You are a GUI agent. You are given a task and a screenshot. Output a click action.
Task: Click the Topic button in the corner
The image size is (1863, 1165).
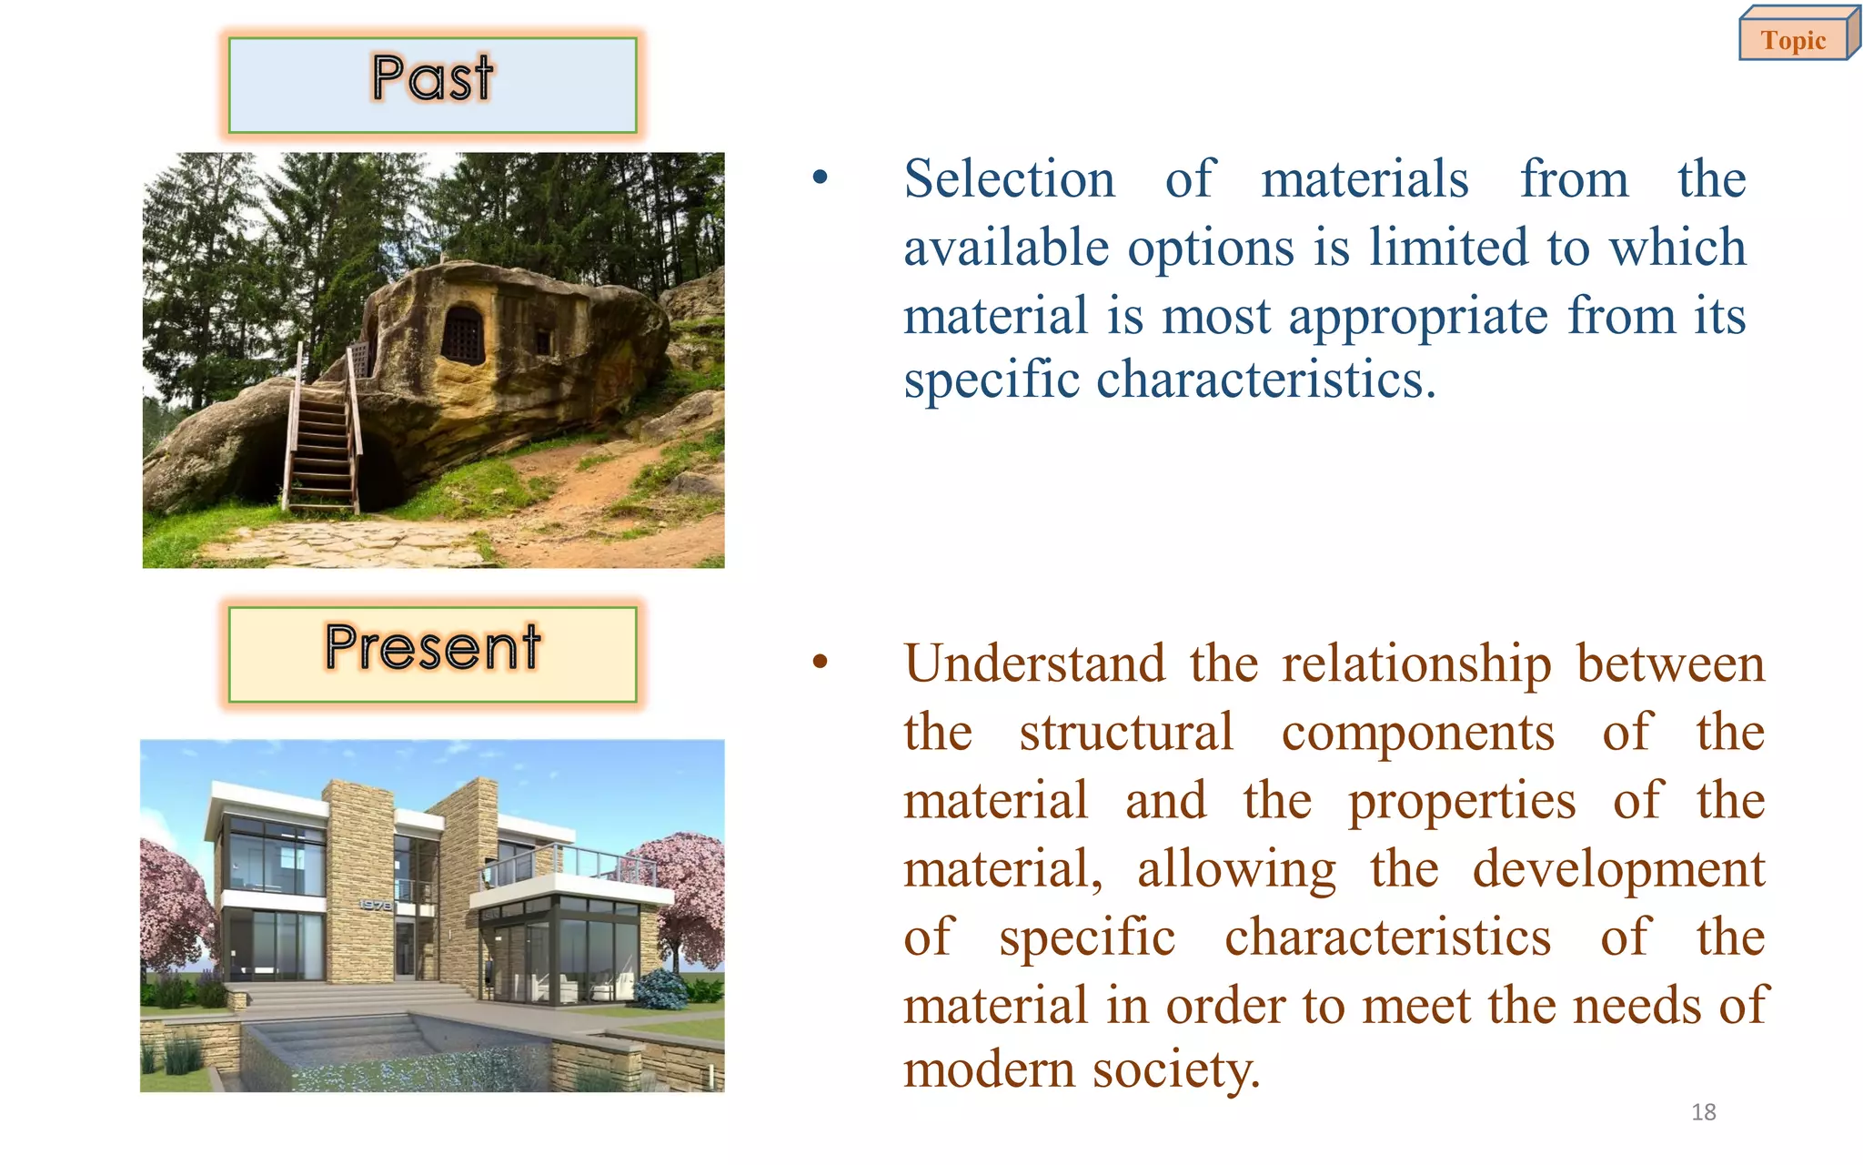click(x=1794, y=40)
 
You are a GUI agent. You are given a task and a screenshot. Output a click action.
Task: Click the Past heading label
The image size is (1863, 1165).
click(x=432, y=80)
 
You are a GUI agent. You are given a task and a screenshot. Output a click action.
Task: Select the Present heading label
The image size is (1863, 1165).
click(x=432, y=650)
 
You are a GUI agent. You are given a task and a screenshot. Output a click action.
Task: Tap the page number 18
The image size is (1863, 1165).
click(x=1703, y=1112)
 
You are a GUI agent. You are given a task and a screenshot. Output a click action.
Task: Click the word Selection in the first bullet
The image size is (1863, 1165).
click(x=1009, y=179)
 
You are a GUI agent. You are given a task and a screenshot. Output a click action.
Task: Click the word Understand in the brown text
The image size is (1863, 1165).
click(x=1034, y=664)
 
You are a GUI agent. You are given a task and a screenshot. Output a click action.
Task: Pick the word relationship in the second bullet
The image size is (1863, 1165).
click(x=1416, y=664)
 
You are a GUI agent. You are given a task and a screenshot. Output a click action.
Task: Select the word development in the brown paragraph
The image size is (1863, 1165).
click(x=1618, y=869)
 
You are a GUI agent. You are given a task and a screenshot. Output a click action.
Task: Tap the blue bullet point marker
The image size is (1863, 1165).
click(x=821, y=178)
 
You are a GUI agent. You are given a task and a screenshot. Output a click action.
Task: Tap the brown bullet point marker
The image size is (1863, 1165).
click(x=821, y=664)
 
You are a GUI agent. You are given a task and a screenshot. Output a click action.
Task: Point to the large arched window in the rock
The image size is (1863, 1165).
click(x=463, y=333)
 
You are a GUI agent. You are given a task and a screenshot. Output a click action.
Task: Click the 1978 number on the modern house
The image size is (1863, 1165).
click(x=374, y=905)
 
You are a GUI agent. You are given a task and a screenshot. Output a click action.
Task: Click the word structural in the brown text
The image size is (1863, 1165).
click(x=1126, y=733)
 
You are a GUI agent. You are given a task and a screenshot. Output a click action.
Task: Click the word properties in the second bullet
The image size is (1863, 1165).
click(x=1461, y=801)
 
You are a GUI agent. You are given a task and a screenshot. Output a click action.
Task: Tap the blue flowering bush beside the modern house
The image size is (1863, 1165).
click(x=661, y=988)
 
